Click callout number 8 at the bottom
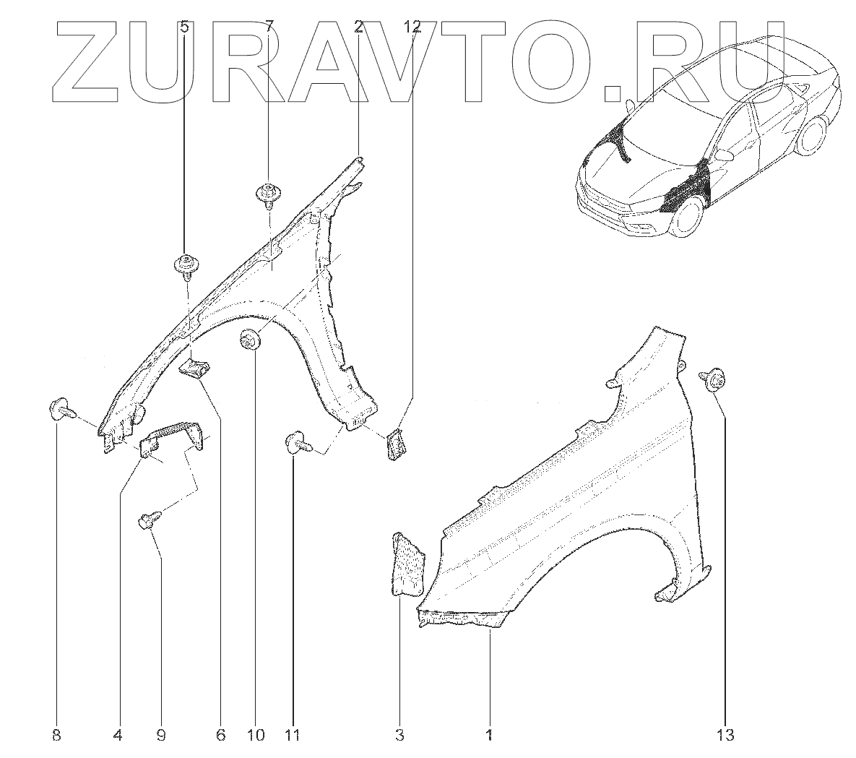point(56,736)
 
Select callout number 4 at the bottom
point(118,736)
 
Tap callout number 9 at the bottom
point(160,736)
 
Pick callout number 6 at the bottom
point(220,736)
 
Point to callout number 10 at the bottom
point(255,736)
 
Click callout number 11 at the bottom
point(292,736)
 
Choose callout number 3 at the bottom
point(399,736)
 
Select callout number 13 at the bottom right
point(725,736)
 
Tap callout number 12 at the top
point(412,27)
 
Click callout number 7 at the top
point(269,27)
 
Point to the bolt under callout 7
point(268,194)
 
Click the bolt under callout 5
point(186,265)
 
